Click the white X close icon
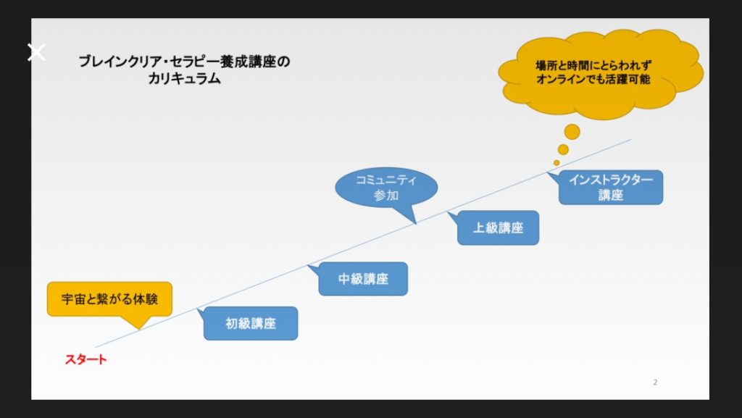click(x=36, y=52)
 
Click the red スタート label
click(x=86, y=359)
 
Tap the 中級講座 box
click(x=363, y=279)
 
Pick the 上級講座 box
click(x=498, y=227)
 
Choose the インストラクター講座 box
click(x=610, y=187)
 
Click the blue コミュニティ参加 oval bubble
click(x=386, y=188)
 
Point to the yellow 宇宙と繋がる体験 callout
click(x=110, y=299)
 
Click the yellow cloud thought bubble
click(x=600, y=73)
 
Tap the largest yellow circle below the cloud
click(x=572, y=132)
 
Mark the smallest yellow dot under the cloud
click(x=556, y=163)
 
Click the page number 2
click(x=655, y=382)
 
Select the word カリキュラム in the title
click(x=184, y=78)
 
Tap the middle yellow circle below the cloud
click(x=563, y=149)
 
